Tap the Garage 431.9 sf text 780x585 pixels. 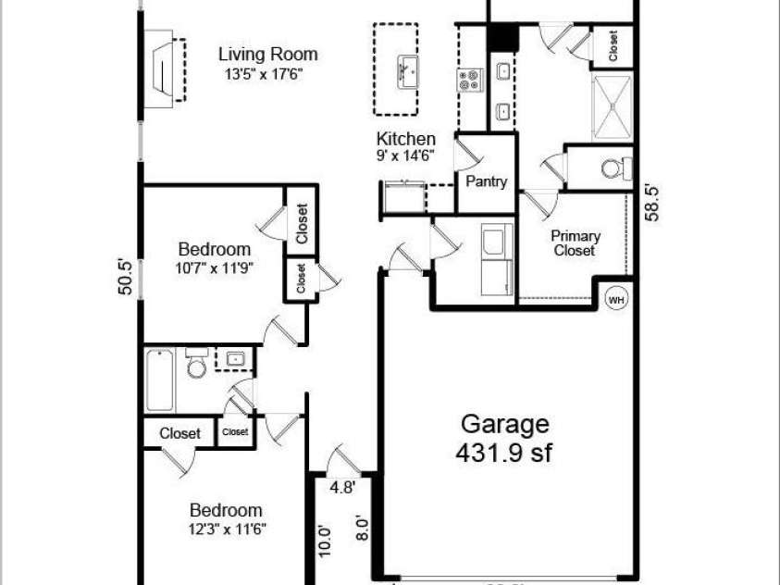[x=504, y=439]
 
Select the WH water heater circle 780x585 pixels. [x=615, y=299]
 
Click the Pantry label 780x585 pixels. [x=486, y=181]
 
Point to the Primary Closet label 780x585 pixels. [x=575, y=243]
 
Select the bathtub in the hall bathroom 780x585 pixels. [x=159, y=380]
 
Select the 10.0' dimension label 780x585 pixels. [x=323, y=540]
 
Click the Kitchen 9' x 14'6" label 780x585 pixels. [x=405, y=146]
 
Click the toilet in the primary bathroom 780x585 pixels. [x=613, y=168]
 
